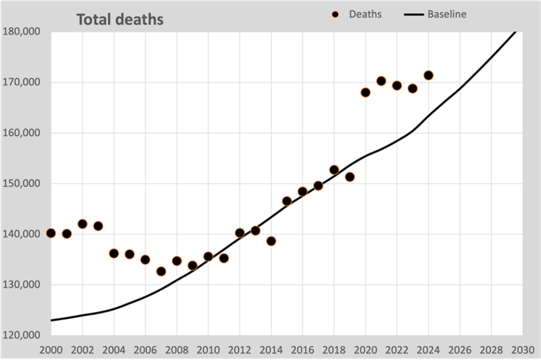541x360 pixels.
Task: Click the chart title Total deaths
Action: point(120,19)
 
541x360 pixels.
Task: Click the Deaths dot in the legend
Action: point(336,14)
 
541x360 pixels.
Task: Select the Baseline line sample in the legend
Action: point(414,14)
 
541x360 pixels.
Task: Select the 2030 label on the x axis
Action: point(522,350)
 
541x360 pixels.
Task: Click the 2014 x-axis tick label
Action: point(271,350)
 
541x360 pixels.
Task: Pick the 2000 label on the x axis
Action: point(51,350)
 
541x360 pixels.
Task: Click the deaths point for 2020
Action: point(366,92)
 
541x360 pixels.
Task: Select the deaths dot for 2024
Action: point(428,75)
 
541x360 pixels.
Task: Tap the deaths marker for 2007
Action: point(161,271)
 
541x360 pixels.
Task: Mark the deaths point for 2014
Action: point(271,241)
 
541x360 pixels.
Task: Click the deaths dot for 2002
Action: point(82,224)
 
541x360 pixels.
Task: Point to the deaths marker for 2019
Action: point(350,177)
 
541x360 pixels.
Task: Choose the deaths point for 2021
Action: point(381,81)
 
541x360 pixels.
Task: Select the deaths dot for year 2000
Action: point(51,233)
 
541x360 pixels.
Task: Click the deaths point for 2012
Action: point(240,233)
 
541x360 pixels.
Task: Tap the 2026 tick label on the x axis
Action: point(460,350)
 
